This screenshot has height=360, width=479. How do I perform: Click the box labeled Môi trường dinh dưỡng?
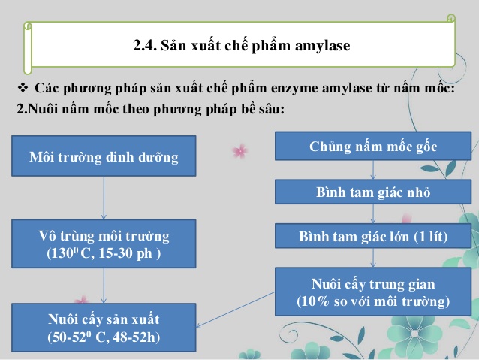click(104, 156)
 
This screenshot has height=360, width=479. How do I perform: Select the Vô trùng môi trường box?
click(104, 244)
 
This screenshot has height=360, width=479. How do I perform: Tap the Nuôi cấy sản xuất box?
click(104, 328)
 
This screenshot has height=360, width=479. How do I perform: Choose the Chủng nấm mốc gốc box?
click(373, 146)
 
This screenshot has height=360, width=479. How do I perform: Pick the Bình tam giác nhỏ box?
click(373, 192)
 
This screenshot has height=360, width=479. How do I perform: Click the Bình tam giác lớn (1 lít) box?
click(373, 236)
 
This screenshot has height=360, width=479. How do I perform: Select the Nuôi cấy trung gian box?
click(373, 292)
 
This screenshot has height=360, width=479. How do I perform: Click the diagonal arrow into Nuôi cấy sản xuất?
click(236, 310)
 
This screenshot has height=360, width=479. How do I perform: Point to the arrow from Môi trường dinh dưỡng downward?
click(104, 198)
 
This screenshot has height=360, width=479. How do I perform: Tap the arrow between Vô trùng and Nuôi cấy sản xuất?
click(104, 286)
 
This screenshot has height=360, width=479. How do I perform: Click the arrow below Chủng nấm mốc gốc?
click(373, 170)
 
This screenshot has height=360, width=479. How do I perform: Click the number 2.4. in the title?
click(145, 45)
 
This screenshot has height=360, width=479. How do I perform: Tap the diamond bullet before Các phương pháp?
click(23, 88)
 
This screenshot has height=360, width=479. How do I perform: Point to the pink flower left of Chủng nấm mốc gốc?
click(240, 151)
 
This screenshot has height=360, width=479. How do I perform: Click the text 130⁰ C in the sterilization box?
click(71, 253)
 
